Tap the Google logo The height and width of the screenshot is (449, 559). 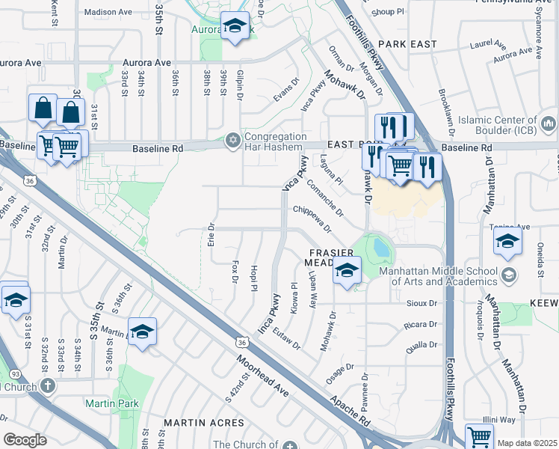25,439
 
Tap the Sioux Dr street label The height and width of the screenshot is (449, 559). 422,303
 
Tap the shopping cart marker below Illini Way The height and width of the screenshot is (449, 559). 479,436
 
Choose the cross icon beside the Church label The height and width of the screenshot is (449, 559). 47,386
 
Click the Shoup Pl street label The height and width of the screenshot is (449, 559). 388,12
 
